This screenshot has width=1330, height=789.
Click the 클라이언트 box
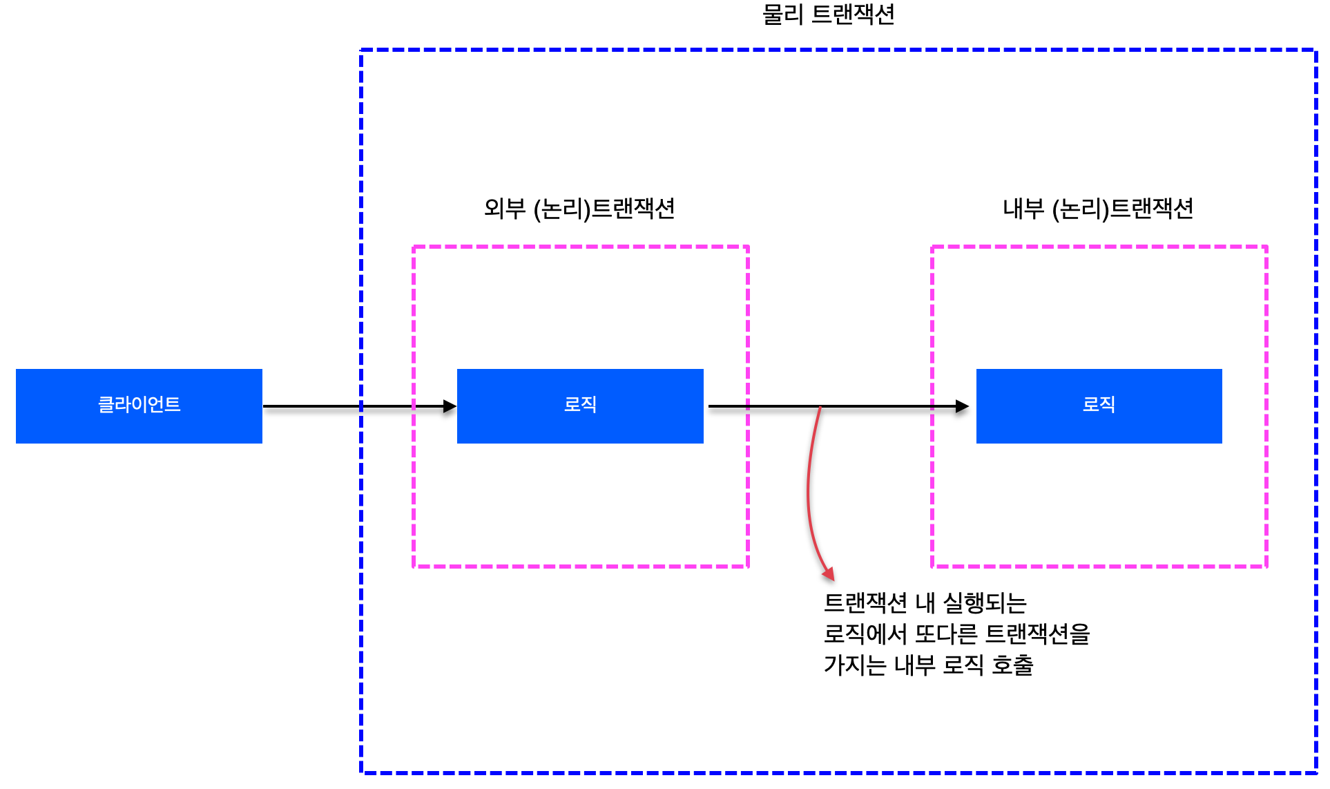[139, 406]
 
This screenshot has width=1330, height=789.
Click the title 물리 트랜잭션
[828, 15]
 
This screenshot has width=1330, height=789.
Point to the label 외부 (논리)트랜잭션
[579, 209]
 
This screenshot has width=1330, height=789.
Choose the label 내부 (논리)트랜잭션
[1098, 209]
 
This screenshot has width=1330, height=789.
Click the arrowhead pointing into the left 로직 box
[450, 406]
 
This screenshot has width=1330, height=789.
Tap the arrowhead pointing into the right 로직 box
[962, 406]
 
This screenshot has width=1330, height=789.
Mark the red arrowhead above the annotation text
[828, 573]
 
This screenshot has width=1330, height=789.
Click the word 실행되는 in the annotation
[985, 603]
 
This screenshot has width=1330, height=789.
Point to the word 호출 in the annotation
[1012, 665]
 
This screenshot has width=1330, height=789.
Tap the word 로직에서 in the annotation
[865, 634]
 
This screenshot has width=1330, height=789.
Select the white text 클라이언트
[139, 404]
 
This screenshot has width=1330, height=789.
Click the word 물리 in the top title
[782, 15]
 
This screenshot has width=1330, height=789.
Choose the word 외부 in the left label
[505, 209]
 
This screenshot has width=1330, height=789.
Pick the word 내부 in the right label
[1023, 209]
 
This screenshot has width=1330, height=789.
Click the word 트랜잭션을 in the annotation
[1037, 634]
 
